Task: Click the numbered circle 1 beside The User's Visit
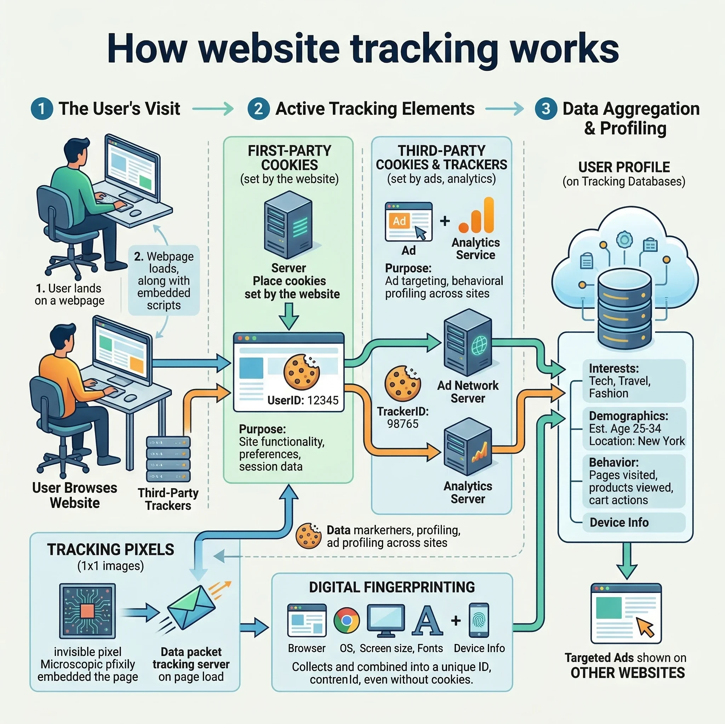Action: [x=42, y=109]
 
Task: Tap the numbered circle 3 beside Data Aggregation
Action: [x=546, y=109]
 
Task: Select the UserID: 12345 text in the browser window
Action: [x=303, y=400]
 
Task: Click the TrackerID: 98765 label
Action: [x=403, y=418]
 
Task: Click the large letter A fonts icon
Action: [x=427, y=621]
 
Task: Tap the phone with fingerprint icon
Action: [x=479, y=620]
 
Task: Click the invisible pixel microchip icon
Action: [x=87, y=611]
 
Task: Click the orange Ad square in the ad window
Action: [x=399, y=221]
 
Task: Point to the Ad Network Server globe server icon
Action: [x=468, y=343]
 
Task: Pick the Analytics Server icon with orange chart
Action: [x=468, y=447]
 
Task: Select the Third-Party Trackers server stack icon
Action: [x=168, y=459]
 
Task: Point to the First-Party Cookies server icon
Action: [x=288, y=225]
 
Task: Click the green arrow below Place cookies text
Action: [x=289, y=316]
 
